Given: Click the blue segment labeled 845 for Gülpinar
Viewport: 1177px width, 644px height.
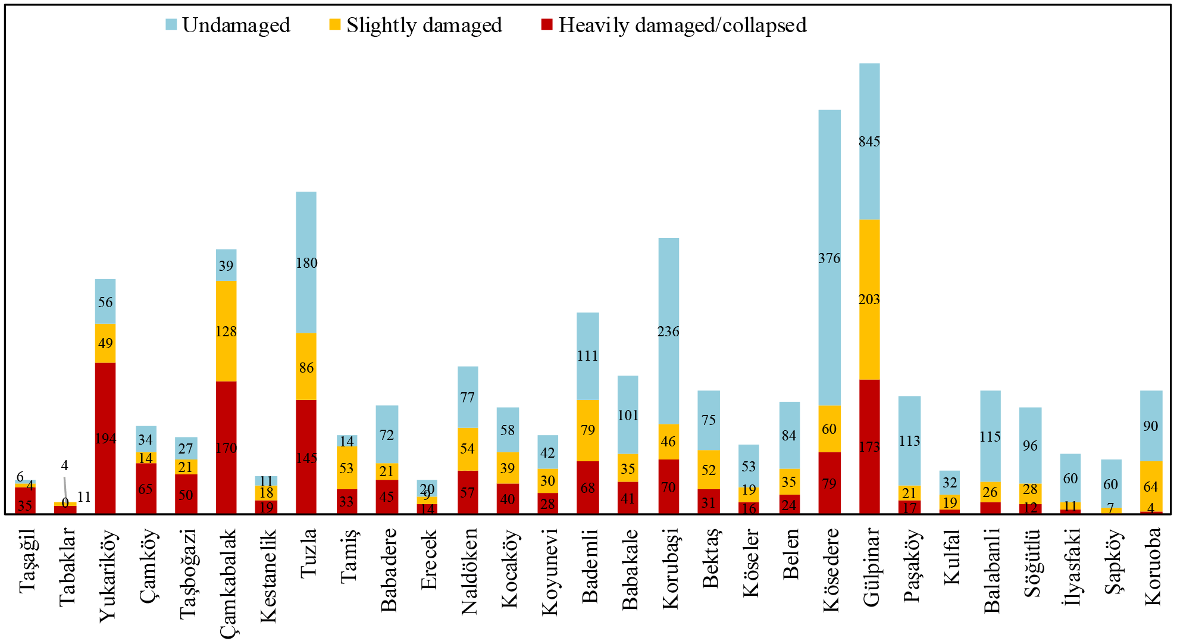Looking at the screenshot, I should [x=869, y=142].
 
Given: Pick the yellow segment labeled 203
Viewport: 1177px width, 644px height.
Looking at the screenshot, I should [x=869, y=299].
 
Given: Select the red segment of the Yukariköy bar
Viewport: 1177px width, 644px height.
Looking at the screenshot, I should [x=105, y=439].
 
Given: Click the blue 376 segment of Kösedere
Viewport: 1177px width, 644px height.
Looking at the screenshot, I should [x=829, y=258].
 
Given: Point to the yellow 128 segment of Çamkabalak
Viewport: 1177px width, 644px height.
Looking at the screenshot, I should [x=226, y=331].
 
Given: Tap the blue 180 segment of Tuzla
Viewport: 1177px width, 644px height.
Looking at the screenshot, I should [x=306, y=262].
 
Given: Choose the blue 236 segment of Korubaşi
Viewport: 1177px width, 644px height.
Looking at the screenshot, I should [x=668, y=331].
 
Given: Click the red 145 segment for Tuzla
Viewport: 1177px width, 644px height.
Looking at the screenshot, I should [x=306, y=457].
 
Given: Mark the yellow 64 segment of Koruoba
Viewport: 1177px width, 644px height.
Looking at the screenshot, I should [x=1151, y=486].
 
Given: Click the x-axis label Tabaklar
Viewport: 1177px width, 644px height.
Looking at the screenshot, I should [x=67, y=567].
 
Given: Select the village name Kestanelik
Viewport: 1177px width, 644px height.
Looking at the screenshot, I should [x=268, y=575].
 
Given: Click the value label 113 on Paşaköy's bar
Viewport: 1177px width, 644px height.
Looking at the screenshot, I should [x=909, y=441].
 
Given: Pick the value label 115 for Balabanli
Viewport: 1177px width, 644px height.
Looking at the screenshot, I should [x=990, y=437].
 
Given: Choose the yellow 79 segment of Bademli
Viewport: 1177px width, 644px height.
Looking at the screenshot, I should [x=588, y=430].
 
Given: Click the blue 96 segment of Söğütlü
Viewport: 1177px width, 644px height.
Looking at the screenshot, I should [x=1030, y=445].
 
